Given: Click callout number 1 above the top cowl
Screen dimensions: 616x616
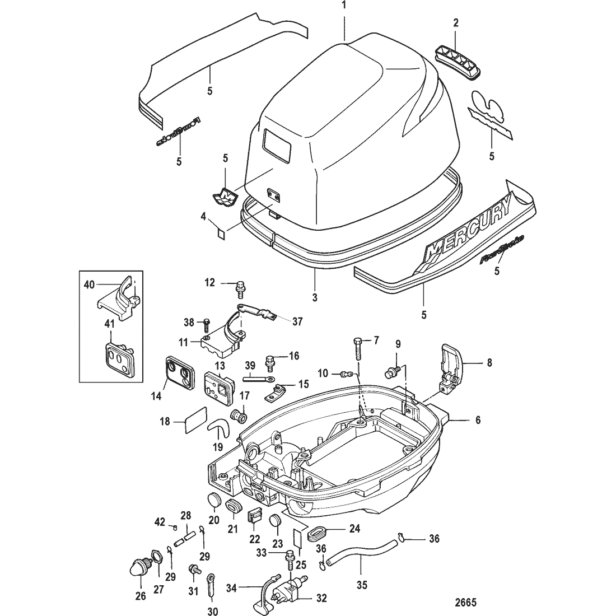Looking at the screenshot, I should click(344, 7).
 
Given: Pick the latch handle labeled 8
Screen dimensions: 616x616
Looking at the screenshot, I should click(451, 368).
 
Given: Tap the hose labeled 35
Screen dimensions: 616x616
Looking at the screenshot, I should click(358, 549).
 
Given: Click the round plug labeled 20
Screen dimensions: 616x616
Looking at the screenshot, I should click(213, 500).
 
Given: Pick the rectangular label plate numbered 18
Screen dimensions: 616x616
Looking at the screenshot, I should click(194, 421).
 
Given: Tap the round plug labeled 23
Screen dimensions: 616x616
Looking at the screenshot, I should click(274, 520).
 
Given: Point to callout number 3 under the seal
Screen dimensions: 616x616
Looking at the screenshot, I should click(315, 298).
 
